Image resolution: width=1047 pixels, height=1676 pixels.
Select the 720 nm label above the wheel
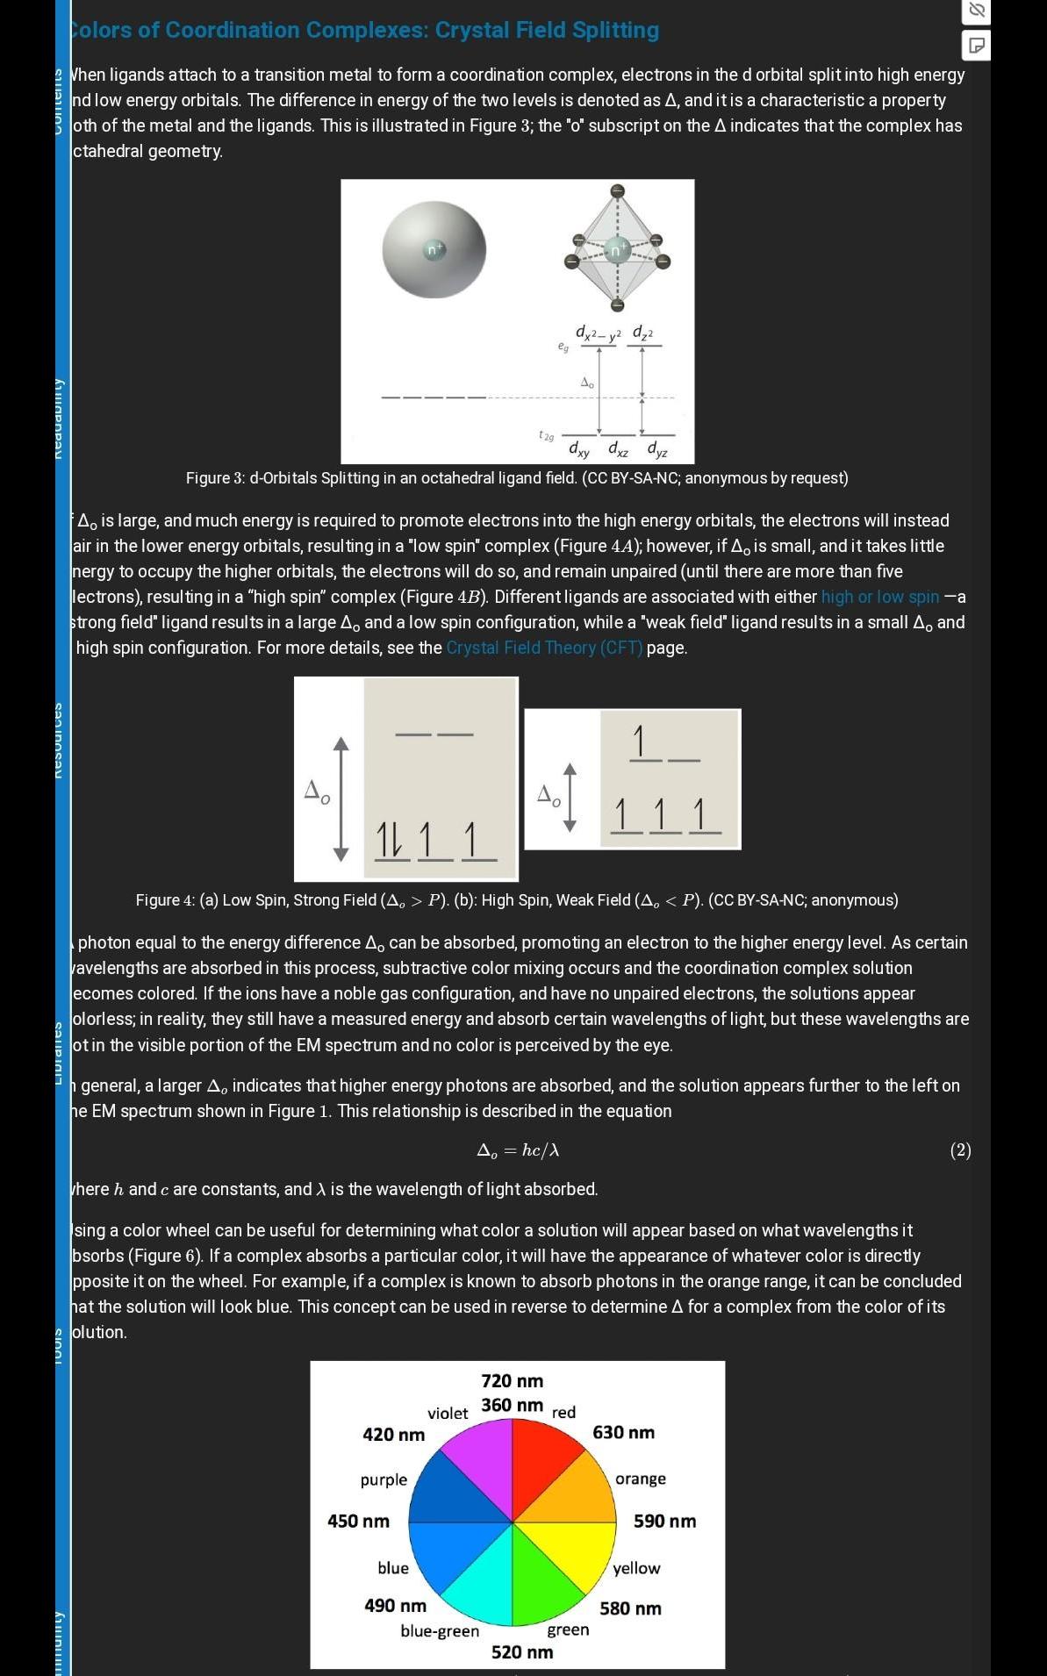[x=512, y=1381]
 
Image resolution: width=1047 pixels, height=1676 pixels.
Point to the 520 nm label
[x=522, y=1652]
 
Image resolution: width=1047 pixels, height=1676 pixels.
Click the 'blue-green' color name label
[x=440, y=1631]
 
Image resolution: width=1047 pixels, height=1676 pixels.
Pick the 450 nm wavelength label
[x=358, y=1521]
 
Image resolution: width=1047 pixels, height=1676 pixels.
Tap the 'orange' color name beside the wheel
[x=641, y=1479]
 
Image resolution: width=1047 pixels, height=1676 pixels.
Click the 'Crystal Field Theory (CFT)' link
[x=544, y=648]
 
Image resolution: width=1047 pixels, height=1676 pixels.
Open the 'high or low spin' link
[x=880, y=597]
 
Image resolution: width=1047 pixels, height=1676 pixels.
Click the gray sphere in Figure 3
[x=434, y=250]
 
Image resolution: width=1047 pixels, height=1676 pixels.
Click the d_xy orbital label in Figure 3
[x=579, y=449]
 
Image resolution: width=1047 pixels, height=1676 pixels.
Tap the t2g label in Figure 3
[x=547, y=435]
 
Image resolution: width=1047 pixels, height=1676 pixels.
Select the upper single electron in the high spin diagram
[x=640, y=741]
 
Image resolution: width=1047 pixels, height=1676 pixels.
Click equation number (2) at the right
[x=960, y=1150]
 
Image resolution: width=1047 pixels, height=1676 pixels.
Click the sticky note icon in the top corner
[x=976, y=45]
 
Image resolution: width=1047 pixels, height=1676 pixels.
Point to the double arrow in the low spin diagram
[x=341, y=799]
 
